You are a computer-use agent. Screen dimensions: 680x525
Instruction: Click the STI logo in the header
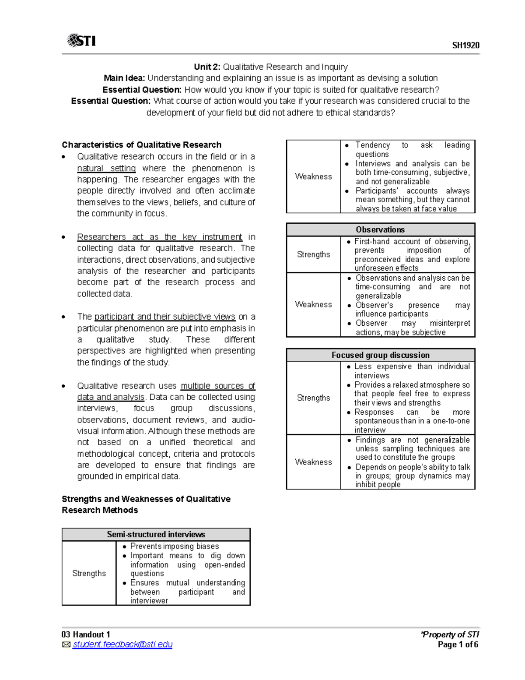coord(81,41)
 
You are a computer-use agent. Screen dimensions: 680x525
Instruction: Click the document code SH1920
coord(465,46)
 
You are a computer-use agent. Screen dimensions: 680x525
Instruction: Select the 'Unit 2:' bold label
coord(207,67)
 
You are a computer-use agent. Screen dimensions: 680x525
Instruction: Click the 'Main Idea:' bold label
coord(124,78)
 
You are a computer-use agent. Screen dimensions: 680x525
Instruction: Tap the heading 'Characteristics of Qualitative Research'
coord(141,145)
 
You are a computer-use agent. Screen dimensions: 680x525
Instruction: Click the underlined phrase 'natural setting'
coord(106,169)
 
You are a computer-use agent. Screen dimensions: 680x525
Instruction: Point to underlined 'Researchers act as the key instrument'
coord(159,237)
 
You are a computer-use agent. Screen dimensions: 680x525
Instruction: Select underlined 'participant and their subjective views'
coord(164,317)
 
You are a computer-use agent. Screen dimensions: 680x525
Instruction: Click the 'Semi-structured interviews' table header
coord(156,534)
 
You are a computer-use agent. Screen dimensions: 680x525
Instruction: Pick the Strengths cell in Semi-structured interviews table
coord(89,574)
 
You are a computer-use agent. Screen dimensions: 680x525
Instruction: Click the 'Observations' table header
coord(380,229)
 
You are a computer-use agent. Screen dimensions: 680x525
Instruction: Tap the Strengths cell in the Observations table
coord(313,254)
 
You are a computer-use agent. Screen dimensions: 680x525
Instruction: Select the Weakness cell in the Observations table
coord(313,304)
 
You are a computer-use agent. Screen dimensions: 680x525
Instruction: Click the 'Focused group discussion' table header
coord(380,355)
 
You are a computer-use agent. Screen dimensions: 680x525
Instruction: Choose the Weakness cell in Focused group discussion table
coord(313,462)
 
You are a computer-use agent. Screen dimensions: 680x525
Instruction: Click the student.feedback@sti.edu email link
coord(122,645)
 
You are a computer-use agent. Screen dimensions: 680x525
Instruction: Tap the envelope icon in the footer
coord(66,645)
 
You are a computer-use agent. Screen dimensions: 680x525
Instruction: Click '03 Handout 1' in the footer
coord(86,634)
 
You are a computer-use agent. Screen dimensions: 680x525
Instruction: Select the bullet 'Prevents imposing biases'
coord(174,546)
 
